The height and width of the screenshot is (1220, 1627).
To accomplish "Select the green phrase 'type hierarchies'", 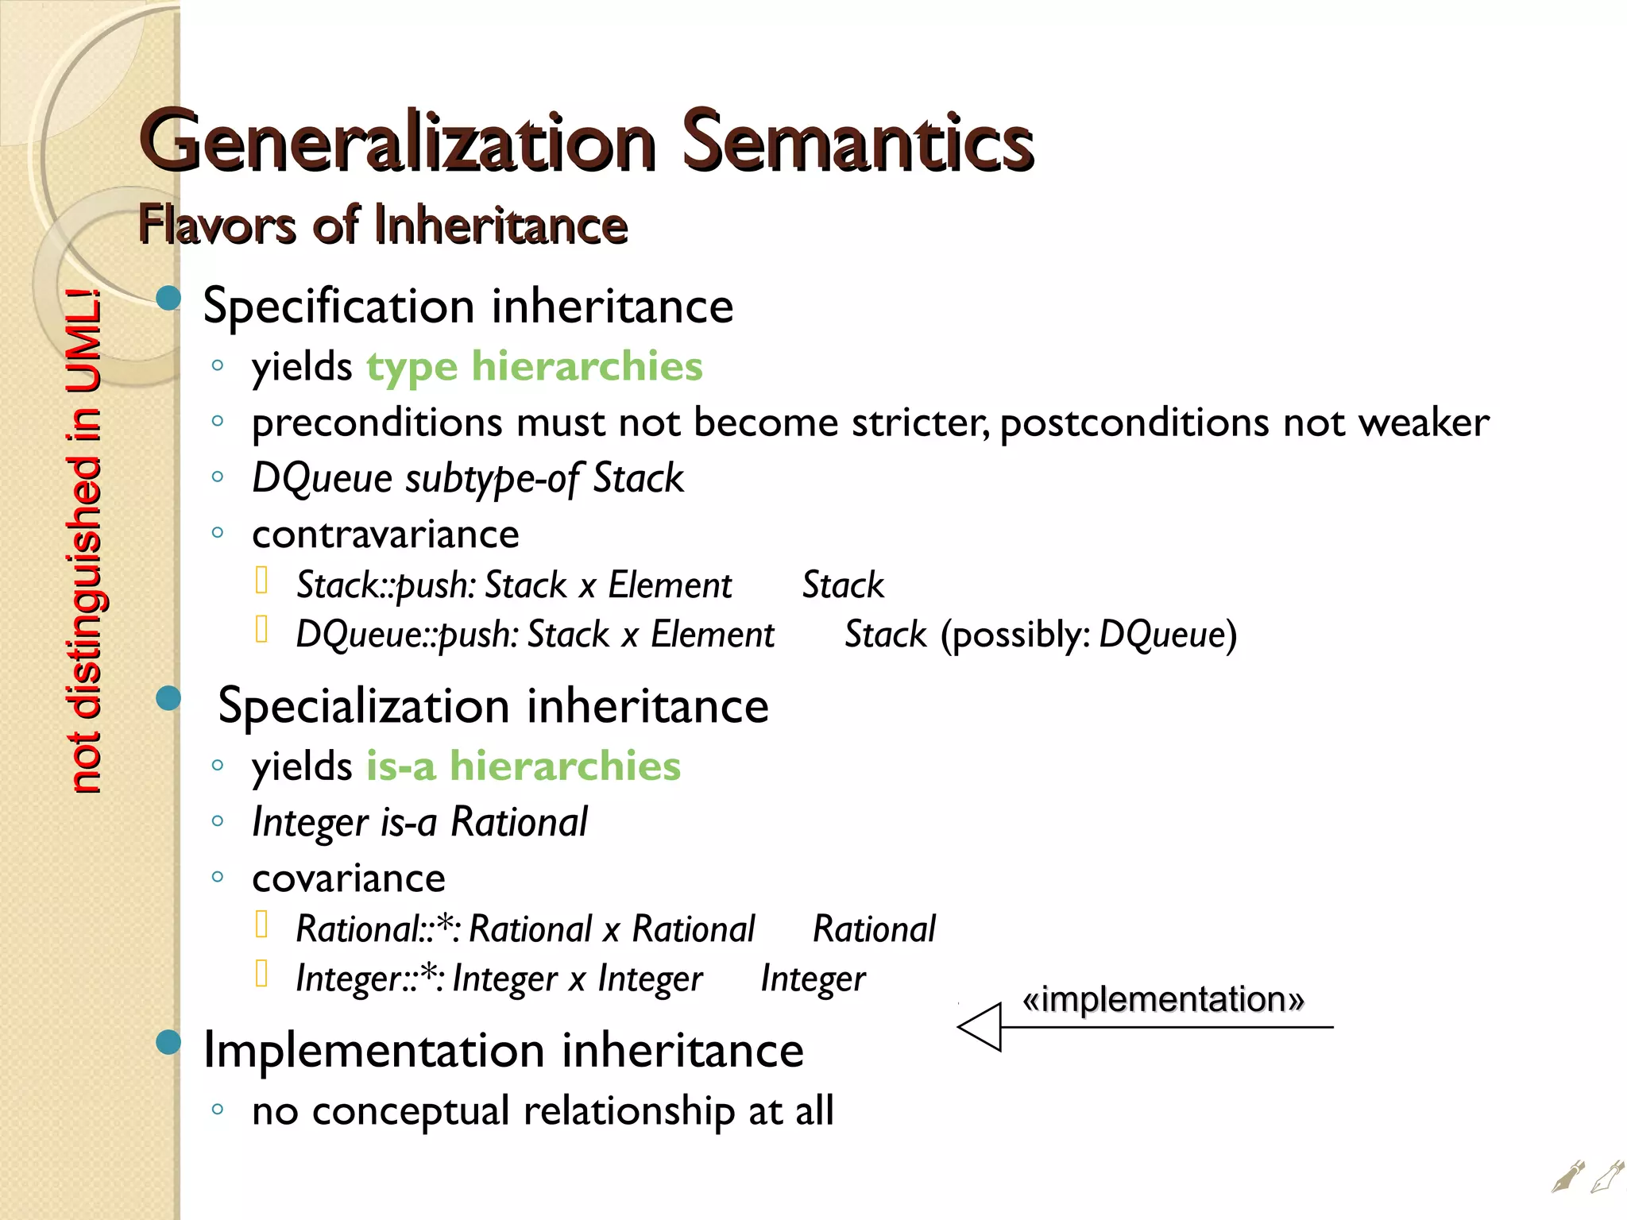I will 534,367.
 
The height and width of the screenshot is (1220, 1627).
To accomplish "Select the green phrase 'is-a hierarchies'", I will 523,766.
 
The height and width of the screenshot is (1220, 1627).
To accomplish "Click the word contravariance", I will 385,534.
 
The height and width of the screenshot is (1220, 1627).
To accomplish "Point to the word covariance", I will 348,878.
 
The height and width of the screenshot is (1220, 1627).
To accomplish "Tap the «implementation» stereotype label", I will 1163,999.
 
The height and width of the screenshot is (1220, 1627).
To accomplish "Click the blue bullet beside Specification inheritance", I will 168,299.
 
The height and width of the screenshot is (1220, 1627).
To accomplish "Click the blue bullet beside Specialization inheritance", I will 168,699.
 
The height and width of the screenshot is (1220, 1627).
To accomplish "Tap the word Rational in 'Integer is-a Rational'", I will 519,822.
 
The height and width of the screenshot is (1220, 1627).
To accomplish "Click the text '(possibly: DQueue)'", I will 1088,635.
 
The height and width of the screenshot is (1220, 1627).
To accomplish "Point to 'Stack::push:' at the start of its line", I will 385,585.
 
